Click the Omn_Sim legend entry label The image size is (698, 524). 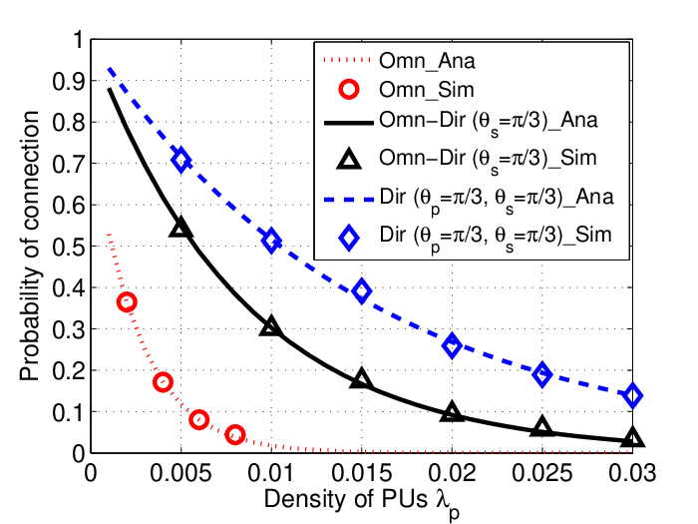point(427,91)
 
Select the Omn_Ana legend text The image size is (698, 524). point(427,61)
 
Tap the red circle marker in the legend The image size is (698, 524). point(349,90)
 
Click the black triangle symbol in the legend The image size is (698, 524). point(349,159)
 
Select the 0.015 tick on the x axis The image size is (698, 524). point(361,473)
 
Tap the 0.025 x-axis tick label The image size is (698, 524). point(541,473)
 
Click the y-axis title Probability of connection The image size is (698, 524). point(29,246)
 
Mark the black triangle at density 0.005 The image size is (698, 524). point(180,228)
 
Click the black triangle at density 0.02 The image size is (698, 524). point(452,411)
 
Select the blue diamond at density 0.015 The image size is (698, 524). point(361,291)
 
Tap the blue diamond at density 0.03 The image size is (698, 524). point(632,395)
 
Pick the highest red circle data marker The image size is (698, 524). point(127,302)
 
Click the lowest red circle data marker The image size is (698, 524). point(235,434)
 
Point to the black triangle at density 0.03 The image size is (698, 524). point(632,437)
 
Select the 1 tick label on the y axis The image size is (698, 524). point(79,40)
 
